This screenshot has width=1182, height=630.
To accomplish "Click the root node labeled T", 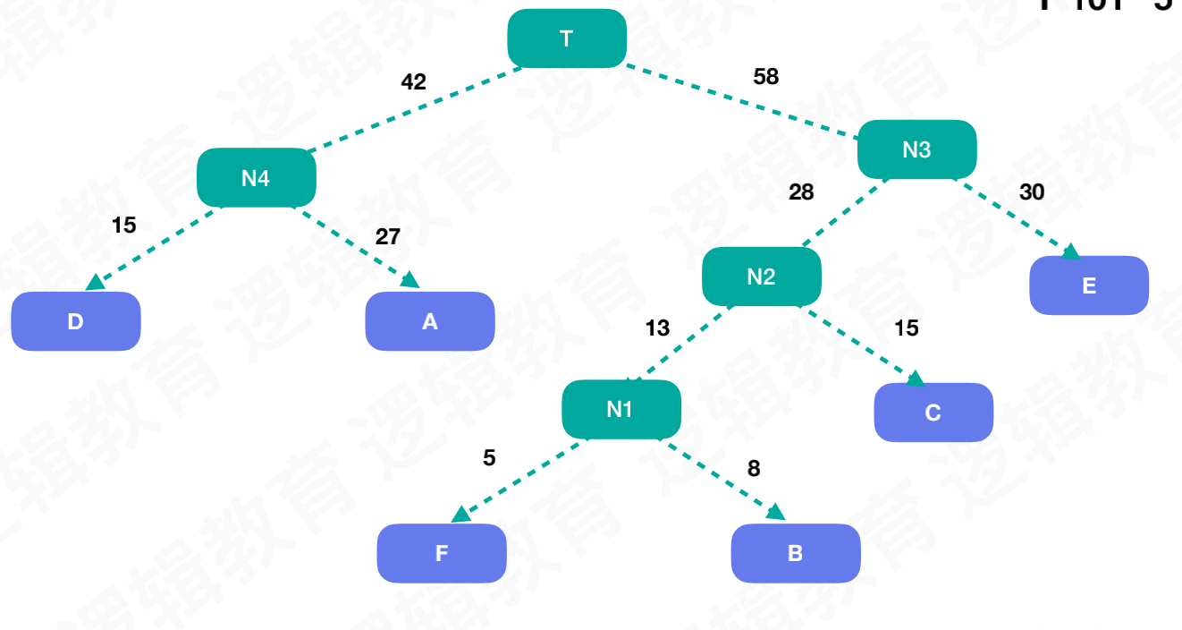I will point(567,38).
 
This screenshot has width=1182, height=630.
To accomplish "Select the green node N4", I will point(256,178).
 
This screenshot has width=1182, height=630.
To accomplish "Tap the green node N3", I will point(916,149).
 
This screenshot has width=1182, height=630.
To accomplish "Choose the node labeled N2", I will point(761,277).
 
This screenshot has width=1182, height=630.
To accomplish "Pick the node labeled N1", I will point(621,409).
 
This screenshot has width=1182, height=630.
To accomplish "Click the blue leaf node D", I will point(76,321).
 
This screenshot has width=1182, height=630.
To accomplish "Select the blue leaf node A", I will point(430,321).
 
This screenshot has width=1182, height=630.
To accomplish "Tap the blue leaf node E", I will point(1089,285).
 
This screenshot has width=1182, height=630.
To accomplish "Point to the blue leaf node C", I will point(933,413).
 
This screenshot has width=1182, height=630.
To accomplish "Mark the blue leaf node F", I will point(442,553).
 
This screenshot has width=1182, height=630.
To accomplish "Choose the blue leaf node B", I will point(796,553).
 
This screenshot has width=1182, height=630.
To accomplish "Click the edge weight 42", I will point(413,81).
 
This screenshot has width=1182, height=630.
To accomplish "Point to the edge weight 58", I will point(766,77).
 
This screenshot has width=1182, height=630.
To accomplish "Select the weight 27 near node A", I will point(388,237).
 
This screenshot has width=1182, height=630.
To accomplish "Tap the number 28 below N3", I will point(801,192).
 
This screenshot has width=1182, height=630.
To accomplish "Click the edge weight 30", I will point(1032,192).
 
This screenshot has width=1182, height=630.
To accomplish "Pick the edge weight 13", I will point(657,328).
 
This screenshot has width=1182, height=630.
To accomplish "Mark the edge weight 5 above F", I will point(489,458).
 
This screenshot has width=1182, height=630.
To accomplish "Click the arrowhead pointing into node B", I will point(776,513).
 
